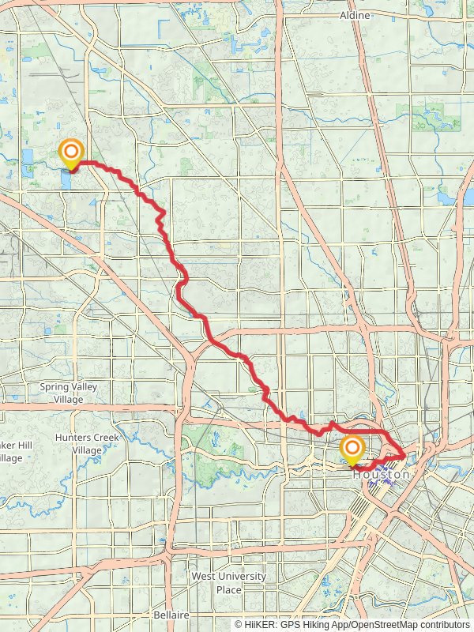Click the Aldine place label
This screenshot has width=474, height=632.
tap(355, 15)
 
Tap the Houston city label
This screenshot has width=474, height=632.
tap(381, 475)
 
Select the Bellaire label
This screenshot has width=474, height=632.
tap(171, 615)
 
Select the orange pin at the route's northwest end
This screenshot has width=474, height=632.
tap(71, 152)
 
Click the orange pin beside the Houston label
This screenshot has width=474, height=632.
tap(352, 450)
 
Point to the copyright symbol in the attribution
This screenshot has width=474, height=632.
tap(239, 625)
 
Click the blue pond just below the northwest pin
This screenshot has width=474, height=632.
tap(64, 181)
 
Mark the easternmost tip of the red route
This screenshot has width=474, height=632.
tap(405, 455)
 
